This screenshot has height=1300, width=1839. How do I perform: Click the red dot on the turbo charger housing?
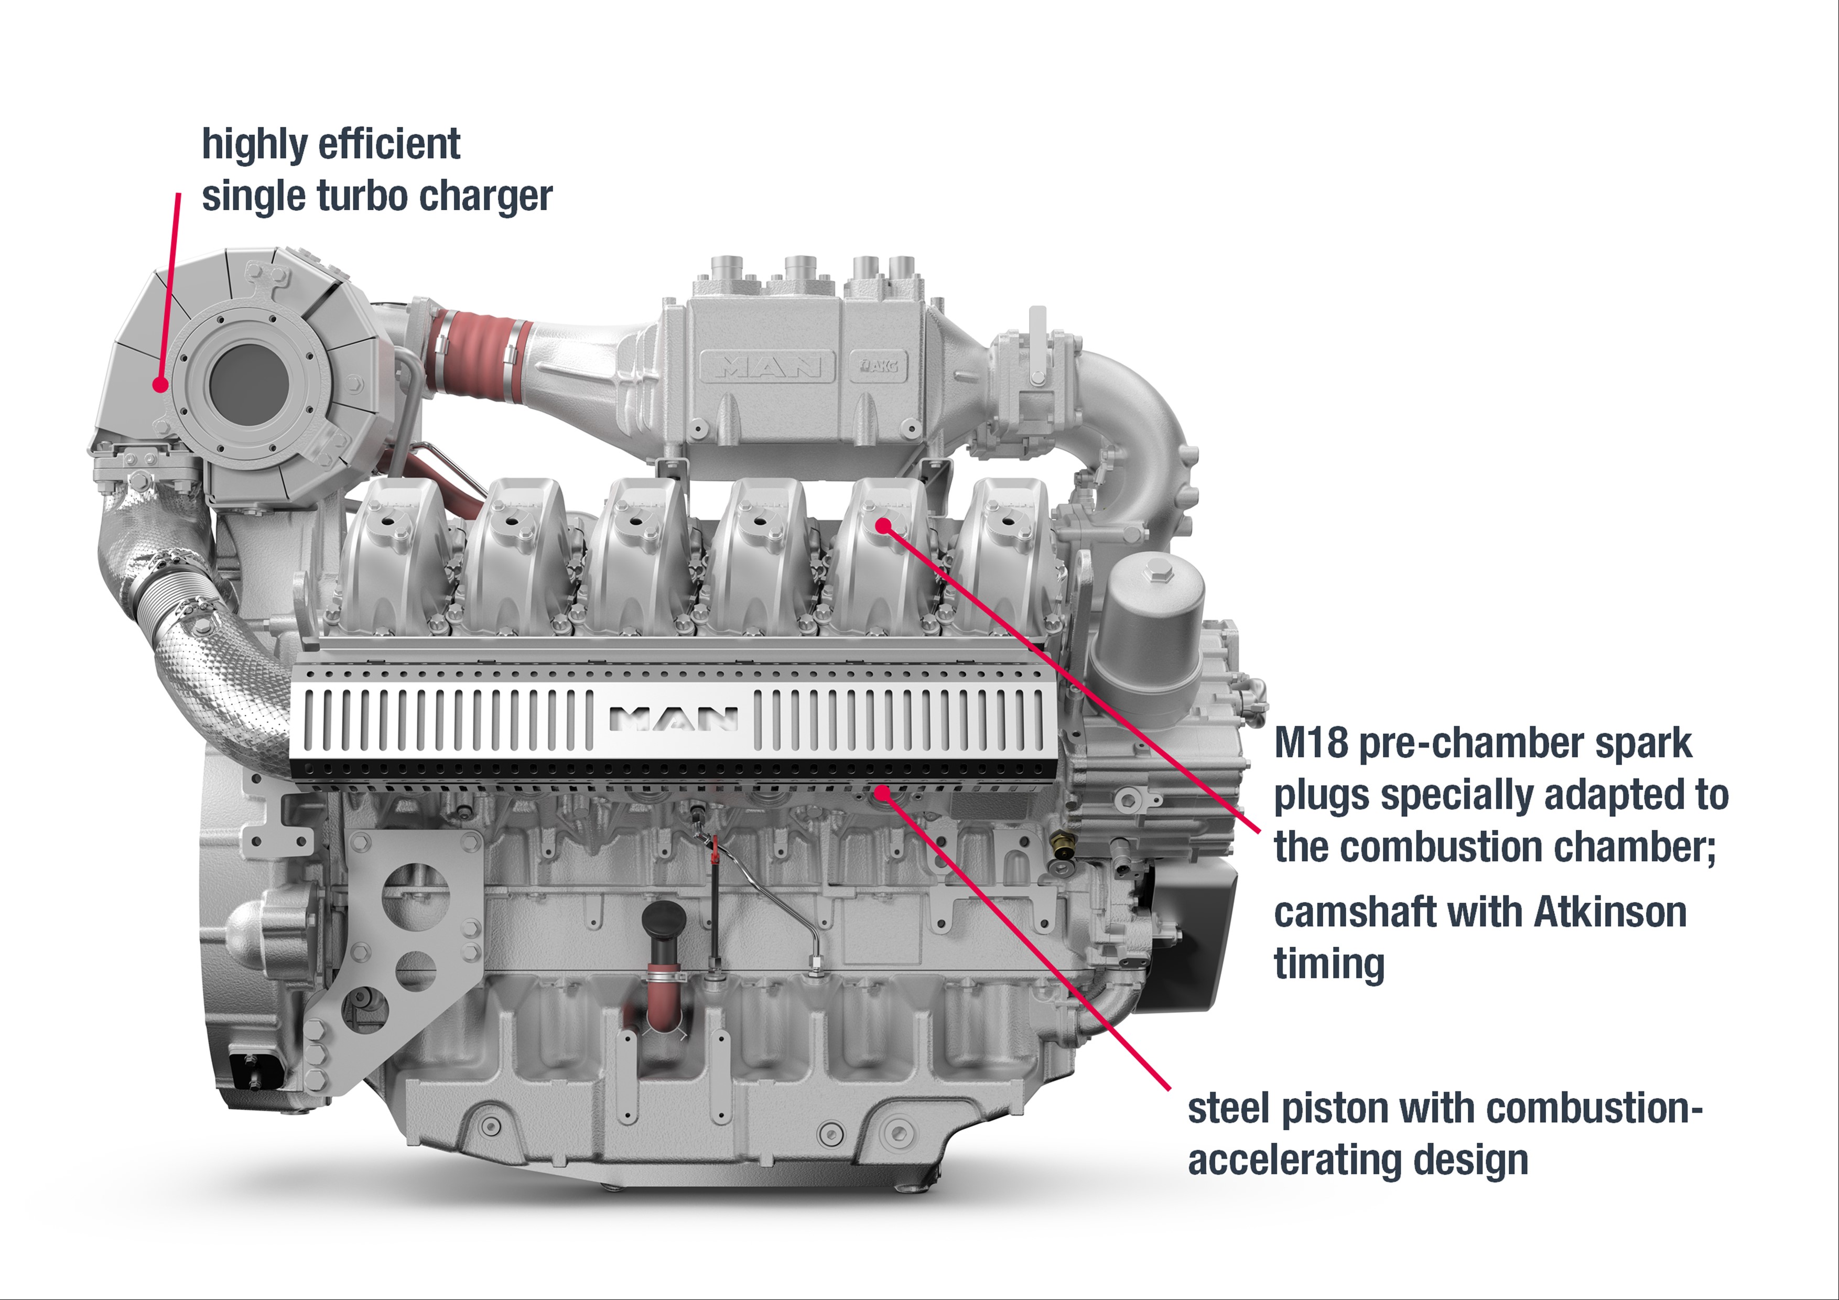[x=161, y=384]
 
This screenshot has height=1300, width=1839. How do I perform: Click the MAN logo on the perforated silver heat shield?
[x=673, y=719]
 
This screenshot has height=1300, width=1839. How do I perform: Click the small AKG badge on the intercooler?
[x=879, y=366]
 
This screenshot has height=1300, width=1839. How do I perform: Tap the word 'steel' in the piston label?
[x=1231, y=1109]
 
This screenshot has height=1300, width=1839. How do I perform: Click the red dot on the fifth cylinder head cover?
[x=883, y=525]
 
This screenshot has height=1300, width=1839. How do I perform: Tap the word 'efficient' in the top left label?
[x=390, y=145]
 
